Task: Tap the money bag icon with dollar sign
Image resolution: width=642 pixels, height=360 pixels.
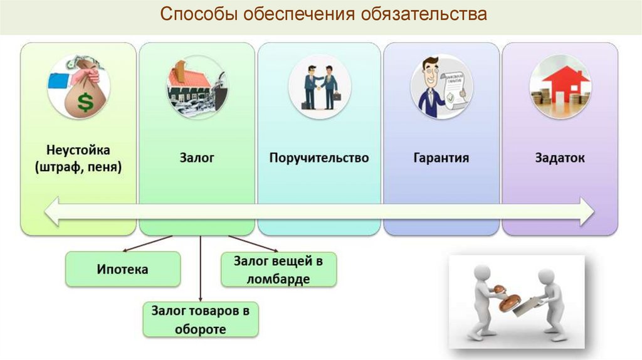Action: point(78,88)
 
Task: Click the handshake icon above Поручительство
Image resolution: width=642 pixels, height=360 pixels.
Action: point(320,88)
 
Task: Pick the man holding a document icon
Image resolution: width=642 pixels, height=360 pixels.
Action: point(441,88)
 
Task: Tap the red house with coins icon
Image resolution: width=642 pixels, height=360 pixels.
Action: point(560,88)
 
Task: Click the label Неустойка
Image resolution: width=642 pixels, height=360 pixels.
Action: point(78,151)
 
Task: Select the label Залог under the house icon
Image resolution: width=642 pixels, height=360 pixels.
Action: point(197,157)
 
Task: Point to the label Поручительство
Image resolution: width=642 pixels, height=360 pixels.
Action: point(319,157)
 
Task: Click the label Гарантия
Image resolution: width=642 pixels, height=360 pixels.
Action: point(441,157)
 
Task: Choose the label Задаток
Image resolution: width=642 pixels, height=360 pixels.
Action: point(560,157)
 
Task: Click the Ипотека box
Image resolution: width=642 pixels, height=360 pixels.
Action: point(123,269)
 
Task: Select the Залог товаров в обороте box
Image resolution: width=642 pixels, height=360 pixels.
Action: point(201,319)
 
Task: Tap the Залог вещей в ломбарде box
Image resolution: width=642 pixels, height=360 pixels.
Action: point(279,269)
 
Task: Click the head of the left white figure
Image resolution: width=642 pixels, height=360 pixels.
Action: point(481,274)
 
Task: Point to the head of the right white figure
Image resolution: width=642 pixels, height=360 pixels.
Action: point(545,277)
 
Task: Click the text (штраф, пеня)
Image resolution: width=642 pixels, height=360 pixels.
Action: point(78,167)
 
